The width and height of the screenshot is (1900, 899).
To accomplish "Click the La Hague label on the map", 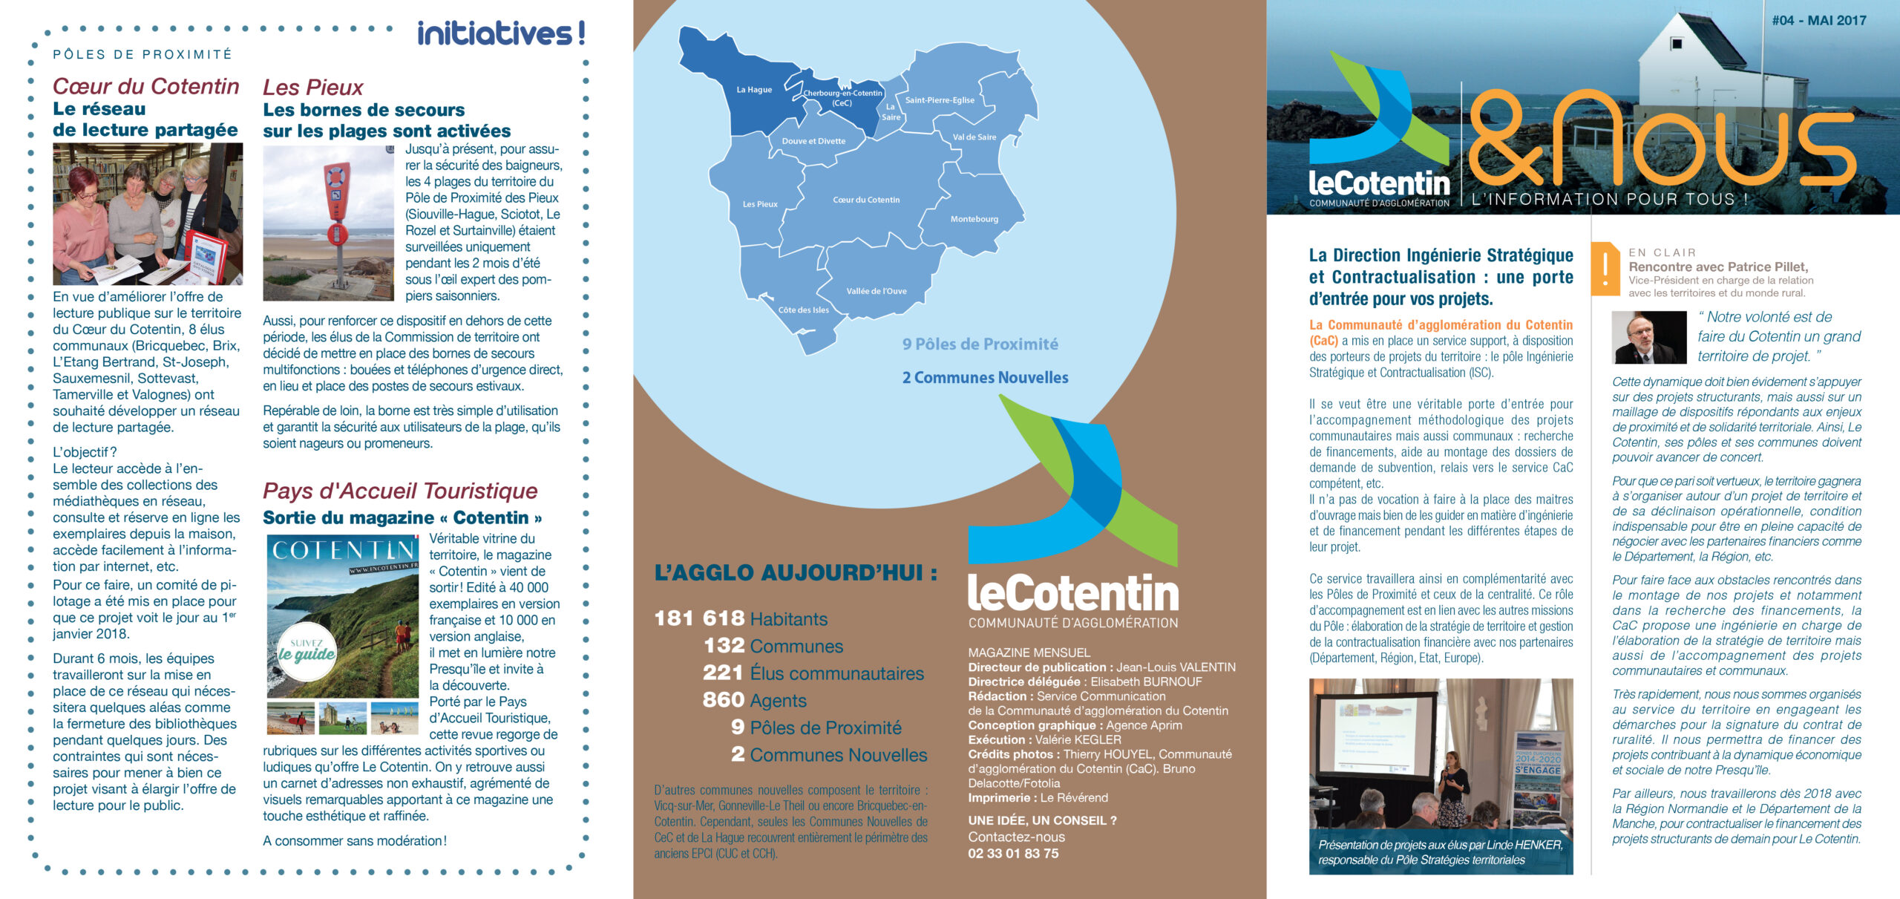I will [x=753, y=90].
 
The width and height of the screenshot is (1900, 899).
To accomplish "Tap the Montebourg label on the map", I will [x=974, y=219].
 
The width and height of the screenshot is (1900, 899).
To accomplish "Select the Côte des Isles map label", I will [x=803, y=310].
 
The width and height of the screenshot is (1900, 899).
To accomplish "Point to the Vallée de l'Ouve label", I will [x=876, y=291].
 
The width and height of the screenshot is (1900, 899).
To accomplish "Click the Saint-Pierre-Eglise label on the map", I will [x=939, y=100].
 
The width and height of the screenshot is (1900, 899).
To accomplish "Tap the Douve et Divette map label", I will [x=813, y=141].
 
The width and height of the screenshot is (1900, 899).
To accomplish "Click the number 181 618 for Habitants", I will [x=699, y=618].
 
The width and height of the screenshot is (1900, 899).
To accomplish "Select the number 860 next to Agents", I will [x=723, y=700].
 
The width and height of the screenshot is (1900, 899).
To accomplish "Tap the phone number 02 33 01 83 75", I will [x=1013, y=854].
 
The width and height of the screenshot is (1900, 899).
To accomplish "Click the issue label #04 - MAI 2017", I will [x=1818, y=21].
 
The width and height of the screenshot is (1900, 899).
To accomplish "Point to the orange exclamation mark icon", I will [x=1605, y=267].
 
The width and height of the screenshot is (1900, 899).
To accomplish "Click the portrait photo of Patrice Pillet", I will [x=1648, y=337].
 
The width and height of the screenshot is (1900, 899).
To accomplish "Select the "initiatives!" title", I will [x=501, y=33].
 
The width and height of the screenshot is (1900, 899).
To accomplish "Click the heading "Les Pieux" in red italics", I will [x=312, y=88].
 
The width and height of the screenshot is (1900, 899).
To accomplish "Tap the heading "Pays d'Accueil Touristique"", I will [x=400, y=491].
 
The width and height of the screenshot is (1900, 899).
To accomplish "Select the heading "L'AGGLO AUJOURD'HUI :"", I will [x=796, y=573].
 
